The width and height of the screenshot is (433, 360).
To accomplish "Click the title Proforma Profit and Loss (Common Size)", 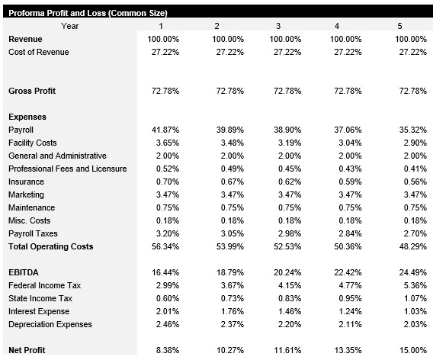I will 88,13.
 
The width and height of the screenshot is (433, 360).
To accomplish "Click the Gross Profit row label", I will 32,92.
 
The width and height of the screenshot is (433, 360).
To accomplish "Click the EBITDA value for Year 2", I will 228,272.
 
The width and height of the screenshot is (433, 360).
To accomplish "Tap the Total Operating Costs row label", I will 50,246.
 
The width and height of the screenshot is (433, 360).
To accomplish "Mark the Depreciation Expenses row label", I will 50,324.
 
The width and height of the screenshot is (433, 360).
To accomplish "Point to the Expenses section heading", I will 27,117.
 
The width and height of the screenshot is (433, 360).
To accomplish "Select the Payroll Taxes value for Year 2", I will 228,233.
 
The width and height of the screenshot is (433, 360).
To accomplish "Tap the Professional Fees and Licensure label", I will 67,169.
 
